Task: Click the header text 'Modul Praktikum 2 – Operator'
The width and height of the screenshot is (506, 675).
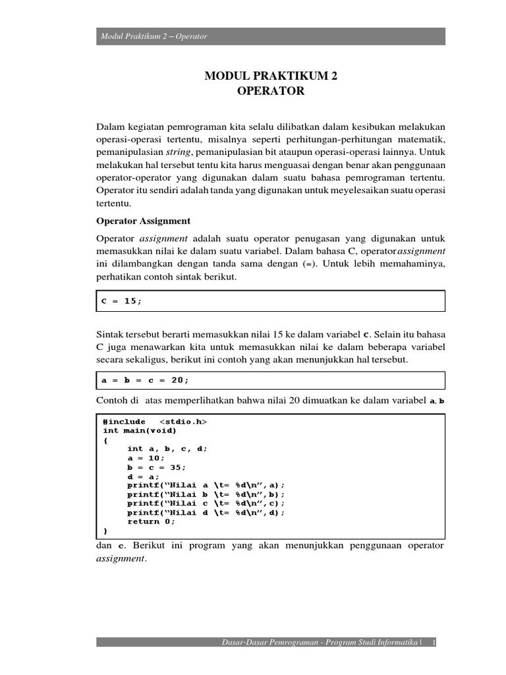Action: tap(154, 36)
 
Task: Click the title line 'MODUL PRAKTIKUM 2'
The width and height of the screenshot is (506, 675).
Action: tap(271, 76)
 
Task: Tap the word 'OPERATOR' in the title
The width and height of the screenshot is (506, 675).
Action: tap(271, 92)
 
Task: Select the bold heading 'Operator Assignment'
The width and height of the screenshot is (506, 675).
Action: tap(143, 221)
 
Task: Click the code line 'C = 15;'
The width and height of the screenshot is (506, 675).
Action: tap(121, 301)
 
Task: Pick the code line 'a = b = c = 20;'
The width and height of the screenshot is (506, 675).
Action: tap(145, 380)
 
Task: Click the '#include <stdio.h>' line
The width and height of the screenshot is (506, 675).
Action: tap(159, 421)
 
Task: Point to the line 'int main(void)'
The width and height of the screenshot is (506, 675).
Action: tap(140, 430)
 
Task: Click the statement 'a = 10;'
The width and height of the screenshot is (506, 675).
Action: tap(146, 458)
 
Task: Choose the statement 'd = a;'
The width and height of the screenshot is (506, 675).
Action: tap(144, 476)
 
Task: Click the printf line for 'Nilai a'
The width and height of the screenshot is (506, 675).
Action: tap(206, 485)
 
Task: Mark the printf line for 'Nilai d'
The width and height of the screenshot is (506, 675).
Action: tap(206, 512)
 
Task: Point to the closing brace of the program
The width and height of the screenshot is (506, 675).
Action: tap(105, 531)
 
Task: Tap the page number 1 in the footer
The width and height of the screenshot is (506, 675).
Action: tap(434, 642)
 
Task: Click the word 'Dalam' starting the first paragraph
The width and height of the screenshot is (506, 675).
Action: tap(110, 125)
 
